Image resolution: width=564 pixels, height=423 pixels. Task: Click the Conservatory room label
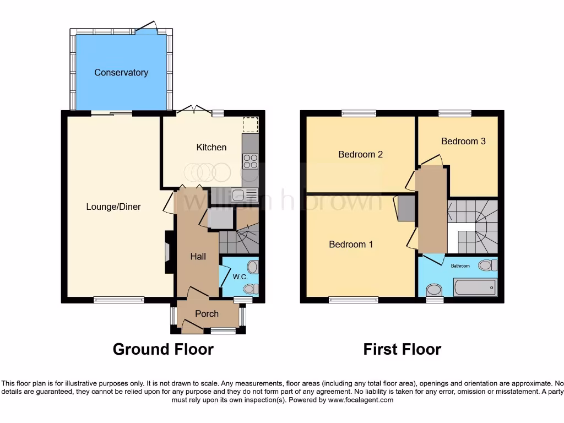121,73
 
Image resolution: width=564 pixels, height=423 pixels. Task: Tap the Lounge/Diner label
113,207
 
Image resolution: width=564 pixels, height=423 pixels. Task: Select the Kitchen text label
211,147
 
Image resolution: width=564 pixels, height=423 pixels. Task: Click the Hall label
198,256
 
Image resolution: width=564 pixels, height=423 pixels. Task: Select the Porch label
207,314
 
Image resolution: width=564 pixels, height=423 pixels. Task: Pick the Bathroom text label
460,266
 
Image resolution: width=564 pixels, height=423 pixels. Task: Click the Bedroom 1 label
351,244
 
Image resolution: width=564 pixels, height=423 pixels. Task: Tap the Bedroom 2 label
360,154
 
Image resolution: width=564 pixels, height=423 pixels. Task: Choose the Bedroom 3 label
463,141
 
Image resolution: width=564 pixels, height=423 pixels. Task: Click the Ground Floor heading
163,349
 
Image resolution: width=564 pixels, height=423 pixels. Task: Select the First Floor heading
402,349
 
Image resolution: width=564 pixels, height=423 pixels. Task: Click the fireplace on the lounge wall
167,252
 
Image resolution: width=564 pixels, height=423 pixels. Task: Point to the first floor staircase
473,226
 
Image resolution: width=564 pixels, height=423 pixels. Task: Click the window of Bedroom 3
454,113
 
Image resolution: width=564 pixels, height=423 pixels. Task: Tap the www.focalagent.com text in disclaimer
361,400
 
